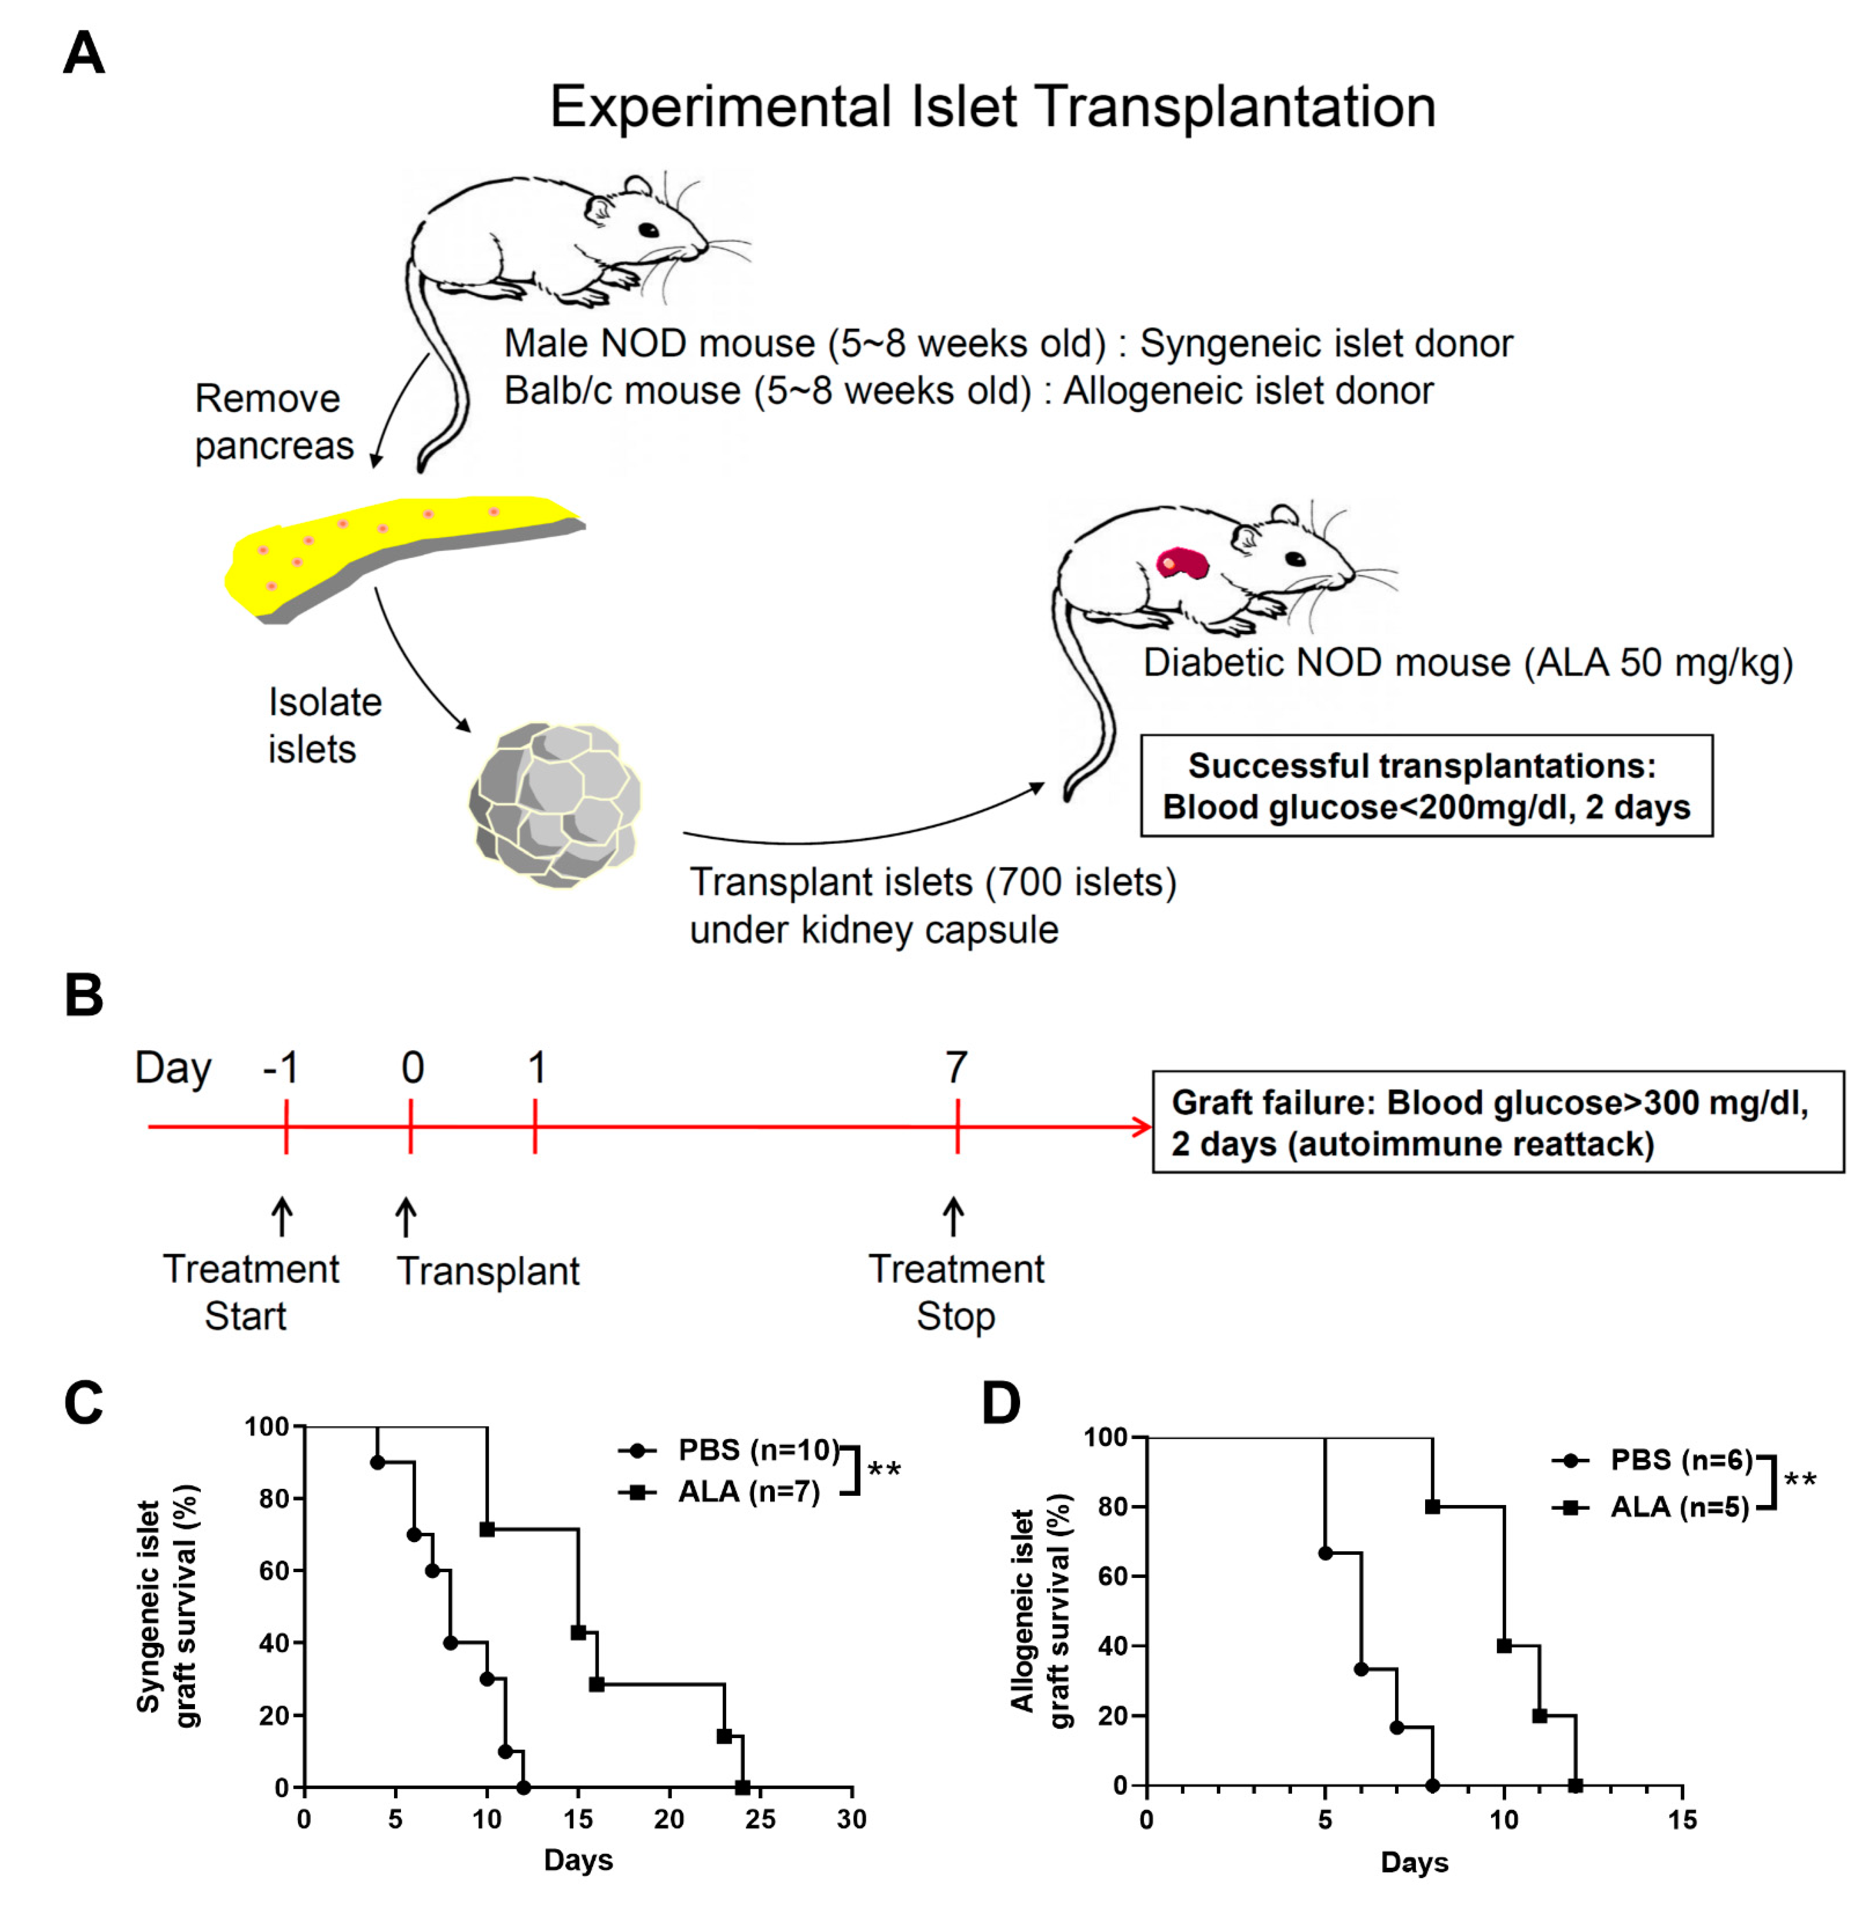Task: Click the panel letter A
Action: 84,54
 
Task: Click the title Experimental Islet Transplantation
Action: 992,107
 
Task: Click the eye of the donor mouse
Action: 648,230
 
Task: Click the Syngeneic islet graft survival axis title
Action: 168,1605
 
